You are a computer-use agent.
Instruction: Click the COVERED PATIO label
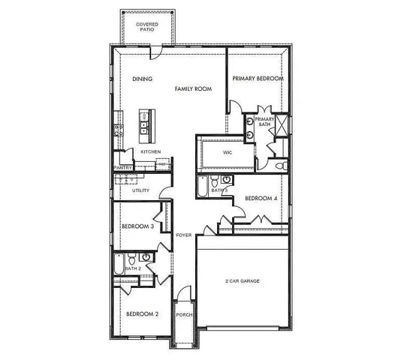point(146,27)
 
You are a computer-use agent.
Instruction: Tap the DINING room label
point(143,79)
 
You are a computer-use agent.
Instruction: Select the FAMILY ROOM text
point(193,88)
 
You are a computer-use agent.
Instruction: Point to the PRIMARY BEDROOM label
point(258,79)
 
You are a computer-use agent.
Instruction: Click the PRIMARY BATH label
point(264,122)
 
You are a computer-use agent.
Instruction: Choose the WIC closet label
point(228,152)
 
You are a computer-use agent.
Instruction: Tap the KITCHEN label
point(151,152)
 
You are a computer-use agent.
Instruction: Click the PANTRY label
point(122,168)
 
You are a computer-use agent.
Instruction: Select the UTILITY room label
point(140,190)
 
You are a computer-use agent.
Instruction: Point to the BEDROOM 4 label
point(260,198)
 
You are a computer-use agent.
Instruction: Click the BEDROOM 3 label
point(137,226)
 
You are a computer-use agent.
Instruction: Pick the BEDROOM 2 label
point(141,313)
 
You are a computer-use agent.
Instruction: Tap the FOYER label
point(184,235)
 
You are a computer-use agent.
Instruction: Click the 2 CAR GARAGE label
point(243,281)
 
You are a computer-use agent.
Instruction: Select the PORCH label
point(184,314)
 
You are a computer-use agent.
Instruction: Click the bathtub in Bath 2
point(119,263)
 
